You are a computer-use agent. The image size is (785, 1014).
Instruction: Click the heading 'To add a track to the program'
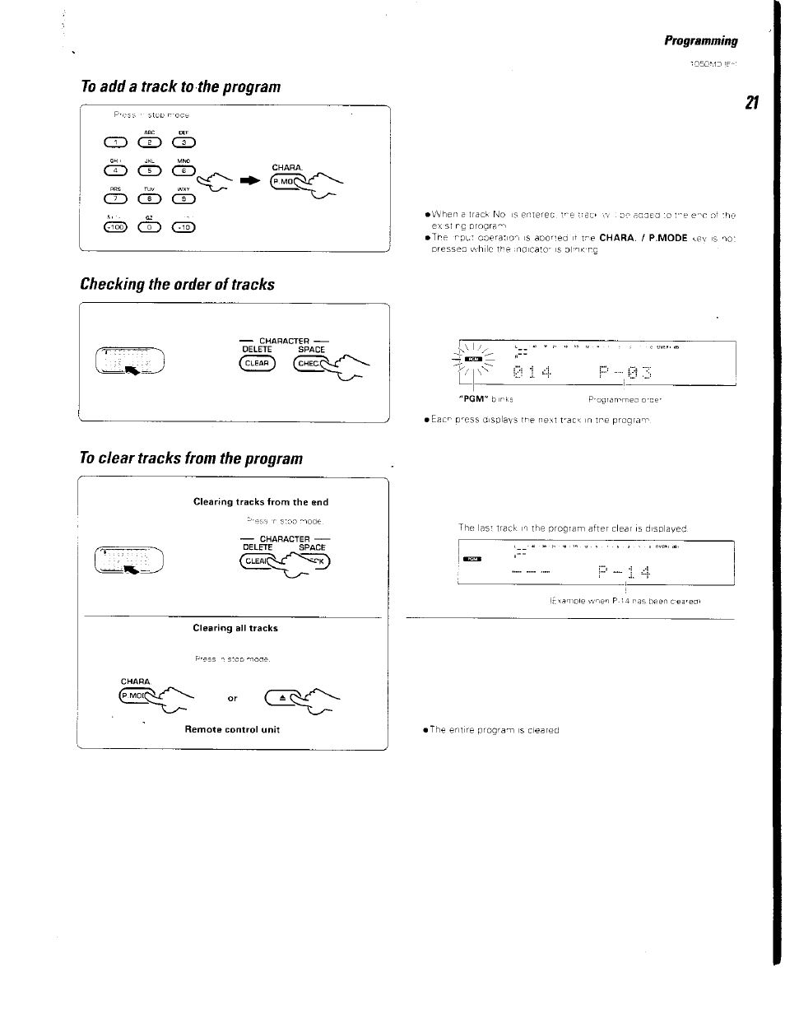pos(180,86)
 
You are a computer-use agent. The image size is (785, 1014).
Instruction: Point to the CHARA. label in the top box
pos(284,167)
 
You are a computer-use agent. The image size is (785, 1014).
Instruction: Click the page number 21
pos(750,103)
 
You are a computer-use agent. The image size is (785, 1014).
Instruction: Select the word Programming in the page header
pos(701,40)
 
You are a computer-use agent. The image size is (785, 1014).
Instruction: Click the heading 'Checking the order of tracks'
pos(177,284)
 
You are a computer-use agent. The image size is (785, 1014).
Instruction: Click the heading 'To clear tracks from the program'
pos(191,458)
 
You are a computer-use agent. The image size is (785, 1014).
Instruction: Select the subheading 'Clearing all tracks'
pos(235,628)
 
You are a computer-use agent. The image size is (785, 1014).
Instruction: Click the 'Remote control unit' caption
pos(232,729)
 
